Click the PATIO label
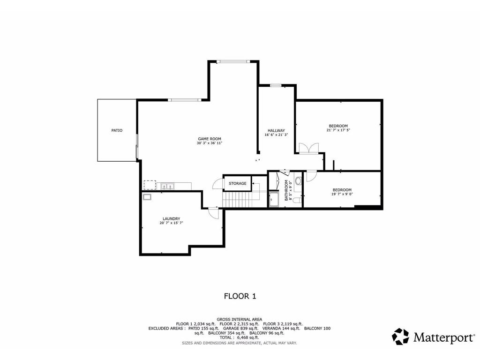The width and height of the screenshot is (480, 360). pos(117,130)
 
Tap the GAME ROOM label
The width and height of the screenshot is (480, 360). pos(209,139)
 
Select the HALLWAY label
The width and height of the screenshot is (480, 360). pos(276,130)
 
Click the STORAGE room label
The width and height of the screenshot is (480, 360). pos(238,183)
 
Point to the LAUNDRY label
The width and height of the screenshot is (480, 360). pos(171,219)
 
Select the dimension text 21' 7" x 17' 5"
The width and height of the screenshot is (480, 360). pos(338,130)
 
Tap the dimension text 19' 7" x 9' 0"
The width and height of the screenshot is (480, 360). pos(342,194)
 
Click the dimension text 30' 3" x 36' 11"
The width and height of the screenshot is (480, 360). pos(209,143)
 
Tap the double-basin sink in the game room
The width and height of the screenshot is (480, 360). pos(167,187)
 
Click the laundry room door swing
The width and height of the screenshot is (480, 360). pos(213,212)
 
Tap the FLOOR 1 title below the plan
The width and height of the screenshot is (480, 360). pos(240,296)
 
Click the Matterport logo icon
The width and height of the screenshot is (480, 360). pos(401,337)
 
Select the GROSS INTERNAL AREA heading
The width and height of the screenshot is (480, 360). pos(240,319)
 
